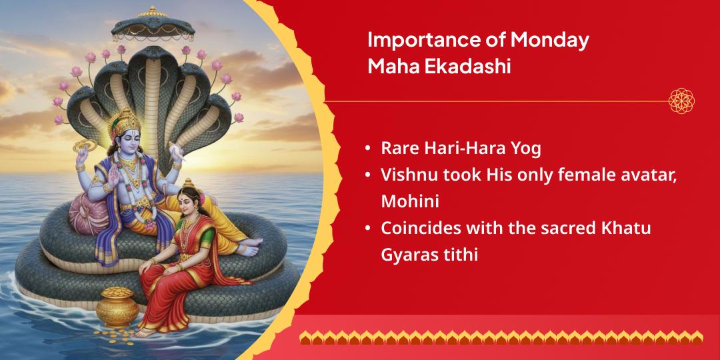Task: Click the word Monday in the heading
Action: coord(550,40)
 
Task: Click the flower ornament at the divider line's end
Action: coord(682,101)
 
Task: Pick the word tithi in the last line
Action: coord(460,254)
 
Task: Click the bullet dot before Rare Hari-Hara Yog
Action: coord(368,148)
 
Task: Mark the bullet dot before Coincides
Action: coord(368,228)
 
